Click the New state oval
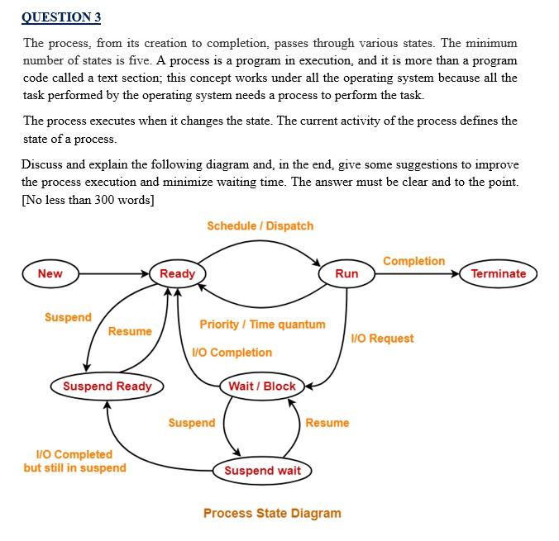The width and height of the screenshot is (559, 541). click(x=50, y=273)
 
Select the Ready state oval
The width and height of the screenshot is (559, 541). click(x=177, y=273)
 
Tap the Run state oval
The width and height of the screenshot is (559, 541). click(x=346, y=273)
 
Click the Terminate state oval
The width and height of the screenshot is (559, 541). click(x=498, y=273)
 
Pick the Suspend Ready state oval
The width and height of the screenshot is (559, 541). click(x=107, y=386)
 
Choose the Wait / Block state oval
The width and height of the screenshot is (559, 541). click(x=262, y=386)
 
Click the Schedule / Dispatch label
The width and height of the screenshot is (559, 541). click(x=260, y=225)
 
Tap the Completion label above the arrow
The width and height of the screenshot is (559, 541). click(x=413, y=261)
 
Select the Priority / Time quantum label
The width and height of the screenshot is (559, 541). click(x=262, y=325)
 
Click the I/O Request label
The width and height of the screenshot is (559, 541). click(x=382, y=339)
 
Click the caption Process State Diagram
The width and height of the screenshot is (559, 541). click(x=272, y=513)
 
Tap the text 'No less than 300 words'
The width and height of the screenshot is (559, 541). click(x=88, y=197)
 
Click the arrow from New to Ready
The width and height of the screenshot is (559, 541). click(x=112, y=273)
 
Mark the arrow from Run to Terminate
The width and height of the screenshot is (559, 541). click(x=418, y=273)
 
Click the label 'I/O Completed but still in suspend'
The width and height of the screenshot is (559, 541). click(x=74, y=461)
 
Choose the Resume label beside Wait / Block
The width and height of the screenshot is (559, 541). click(x=327, y=423)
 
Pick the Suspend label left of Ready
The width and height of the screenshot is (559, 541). click(x=68, y=317)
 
